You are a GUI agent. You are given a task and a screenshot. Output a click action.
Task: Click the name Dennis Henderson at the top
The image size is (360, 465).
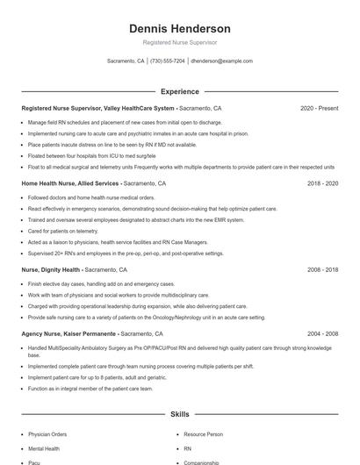179,28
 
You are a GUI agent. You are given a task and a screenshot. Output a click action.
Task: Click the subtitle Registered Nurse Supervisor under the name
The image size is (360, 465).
179,42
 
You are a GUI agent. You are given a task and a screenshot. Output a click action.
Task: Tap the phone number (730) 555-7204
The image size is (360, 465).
168,61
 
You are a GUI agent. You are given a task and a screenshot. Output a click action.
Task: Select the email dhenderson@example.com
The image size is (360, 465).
221,61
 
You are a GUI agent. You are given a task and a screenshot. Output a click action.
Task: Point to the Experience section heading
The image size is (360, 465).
179,91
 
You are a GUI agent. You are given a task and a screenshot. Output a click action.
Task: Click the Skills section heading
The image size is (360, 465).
179,413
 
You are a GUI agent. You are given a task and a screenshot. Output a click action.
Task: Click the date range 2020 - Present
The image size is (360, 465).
319,108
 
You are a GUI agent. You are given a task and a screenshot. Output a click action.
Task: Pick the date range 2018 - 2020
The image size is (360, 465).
322,184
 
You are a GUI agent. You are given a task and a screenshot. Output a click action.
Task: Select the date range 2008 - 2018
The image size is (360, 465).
322,270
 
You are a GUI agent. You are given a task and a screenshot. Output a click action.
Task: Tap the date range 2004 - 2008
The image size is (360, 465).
322,334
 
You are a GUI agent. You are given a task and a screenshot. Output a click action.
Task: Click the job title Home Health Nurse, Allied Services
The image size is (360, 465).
70,184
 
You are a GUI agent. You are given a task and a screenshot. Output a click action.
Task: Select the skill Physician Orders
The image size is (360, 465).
47,434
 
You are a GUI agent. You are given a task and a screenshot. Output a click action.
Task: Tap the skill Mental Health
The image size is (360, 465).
44,448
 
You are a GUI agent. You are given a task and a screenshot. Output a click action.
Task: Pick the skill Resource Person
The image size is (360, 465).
204,434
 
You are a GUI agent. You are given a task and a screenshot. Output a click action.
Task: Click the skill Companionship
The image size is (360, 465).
201,462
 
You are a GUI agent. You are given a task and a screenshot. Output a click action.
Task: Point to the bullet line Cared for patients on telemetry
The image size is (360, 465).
63,231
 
